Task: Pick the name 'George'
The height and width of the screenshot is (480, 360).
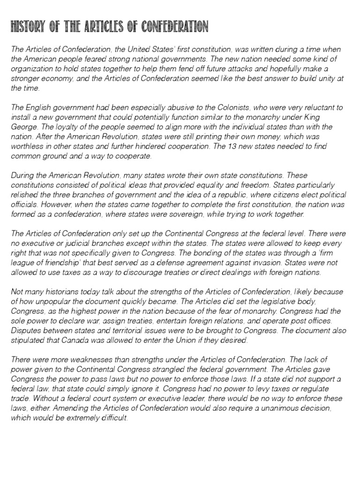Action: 22,127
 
